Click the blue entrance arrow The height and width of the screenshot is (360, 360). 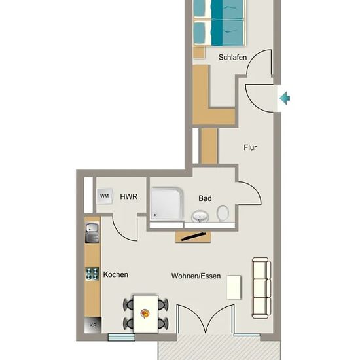point(285,98)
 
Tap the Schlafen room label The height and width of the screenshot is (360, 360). point(232,57)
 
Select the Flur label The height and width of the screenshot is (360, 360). point(250,147)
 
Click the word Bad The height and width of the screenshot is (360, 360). point(205,198)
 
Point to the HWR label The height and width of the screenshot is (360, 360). point(129,196)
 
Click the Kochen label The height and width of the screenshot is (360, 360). point(116,274)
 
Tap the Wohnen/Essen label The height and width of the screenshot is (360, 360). point(196,276)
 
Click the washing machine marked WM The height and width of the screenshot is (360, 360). point(105,196)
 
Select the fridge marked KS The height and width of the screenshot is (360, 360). point(93,325)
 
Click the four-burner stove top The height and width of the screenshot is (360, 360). point(92,274)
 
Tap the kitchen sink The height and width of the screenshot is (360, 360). point(92,233)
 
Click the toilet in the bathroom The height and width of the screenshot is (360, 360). point(223,213)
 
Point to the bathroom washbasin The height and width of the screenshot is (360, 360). point(200,216)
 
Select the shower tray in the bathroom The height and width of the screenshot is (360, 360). point(167,204)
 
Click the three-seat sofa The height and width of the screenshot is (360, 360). point(262,288)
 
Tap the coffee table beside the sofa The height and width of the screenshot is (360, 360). point(234,287)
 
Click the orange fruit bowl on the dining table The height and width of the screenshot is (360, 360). point(145,314)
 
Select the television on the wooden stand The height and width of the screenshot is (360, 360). point(193,237)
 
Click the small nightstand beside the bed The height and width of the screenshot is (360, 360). point(199,52)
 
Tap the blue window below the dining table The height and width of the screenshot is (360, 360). point(122,337)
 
